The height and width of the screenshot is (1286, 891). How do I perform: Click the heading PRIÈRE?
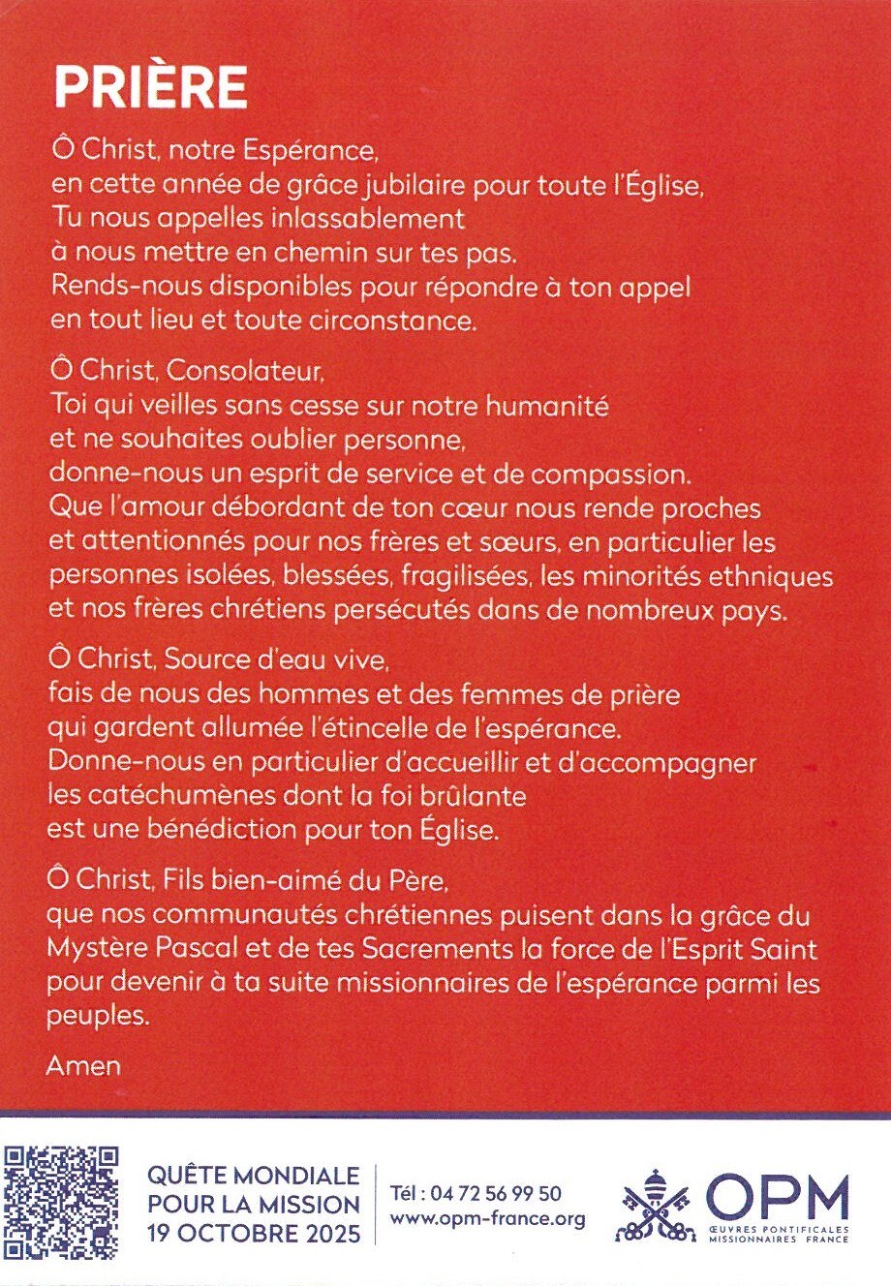pos(150,87)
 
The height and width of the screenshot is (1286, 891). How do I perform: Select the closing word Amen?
pos(83,1066)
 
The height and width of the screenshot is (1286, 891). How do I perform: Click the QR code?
pos(61,1204)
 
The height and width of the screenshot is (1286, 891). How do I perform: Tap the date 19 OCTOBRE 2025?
pos(254,1235)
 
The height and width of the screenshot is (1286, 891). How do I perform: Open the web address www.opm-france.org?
pos(487,1219)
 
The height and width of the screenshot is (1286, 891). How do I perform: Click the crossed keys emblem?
pos(655,1207)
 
